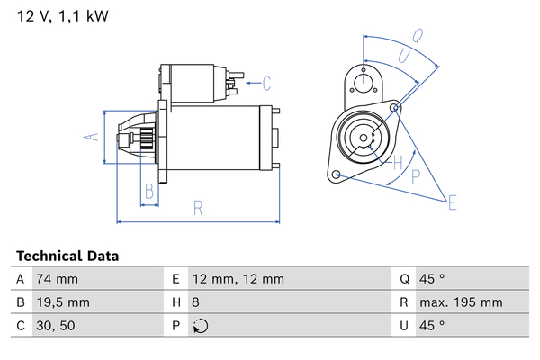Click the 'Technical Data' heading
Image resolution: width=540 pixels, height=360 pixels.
coord(67,256)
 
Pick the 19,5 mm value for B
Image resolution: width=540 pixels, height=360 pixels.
coord(62,302)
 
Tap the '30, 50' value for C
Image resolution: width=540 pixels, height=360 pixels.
coord(56,326)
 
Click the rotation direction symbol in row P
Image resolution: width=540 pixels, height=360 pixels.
coord(200,326)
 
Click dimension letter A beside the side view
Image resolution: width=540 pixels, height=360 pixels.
coord(89,137)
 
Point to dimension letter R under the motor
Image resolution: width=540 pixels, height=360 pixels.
coord(198,208)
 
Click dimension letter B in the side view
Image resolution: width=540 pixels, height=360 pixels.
coord(150,190)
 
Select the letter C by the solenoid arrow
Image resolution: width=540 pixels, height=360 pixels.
coord(266,85)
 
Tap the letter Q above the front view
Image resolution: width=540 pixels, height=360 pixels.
coord(418,36)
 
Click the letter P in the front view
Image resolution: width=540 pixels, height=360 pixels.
coord(416,177)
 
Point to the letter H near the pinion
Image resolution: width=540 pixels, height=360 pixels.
coord(397,162)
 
